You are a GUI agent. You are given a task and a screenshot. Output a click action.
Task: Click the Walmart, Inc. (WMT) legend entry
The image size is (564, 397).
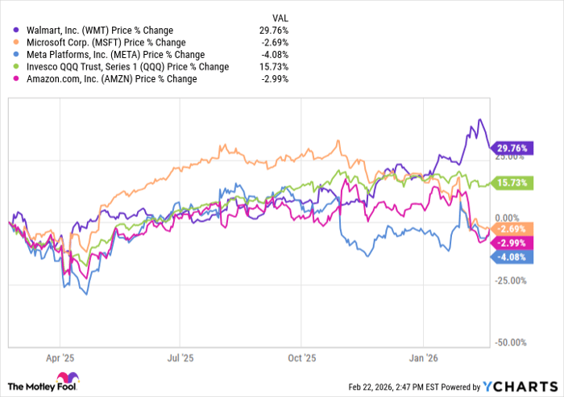pyautogui.click(x=97, y=31)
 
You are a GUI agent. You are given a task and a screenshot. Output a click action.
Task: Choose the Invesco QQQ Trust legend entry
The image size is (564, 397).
pyautogui.click(x=121, y=67)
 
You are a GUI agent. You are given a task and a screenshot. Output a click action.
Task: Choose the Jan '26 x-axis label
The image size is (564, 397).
pyautogui.click(x=425, y=355)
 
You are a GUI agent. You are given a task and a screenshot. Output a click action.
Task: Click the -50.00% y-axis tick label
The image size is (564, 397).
pyautogui.click(x=512, y=343)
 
